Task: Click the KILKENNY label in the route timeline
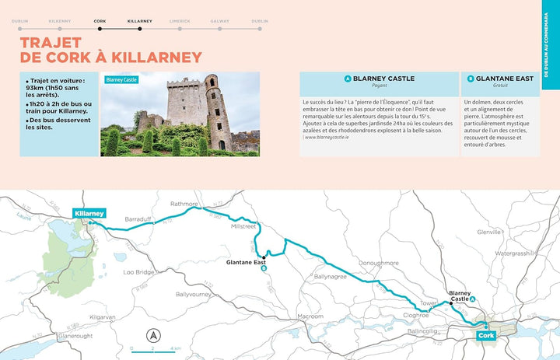point(59,21)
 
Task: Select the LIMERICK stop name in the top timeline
point(180,21)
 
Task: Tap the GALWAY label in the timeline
point(219,21)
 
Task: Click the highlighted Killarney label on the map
point(89,213)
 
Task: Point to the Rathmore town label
point(184,204)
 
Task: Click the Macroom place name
point(310,316)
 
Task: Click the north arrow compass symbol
point(153,336)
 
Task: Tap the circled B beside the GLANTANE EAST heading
point(471,79)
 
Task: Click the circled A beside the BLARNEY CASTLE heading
point(347,79)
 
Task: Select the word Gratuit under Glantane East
point(500,86)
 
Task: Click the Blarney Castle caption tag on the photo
point(121,79)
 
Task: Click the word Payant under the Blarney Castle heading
point(379,86)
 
